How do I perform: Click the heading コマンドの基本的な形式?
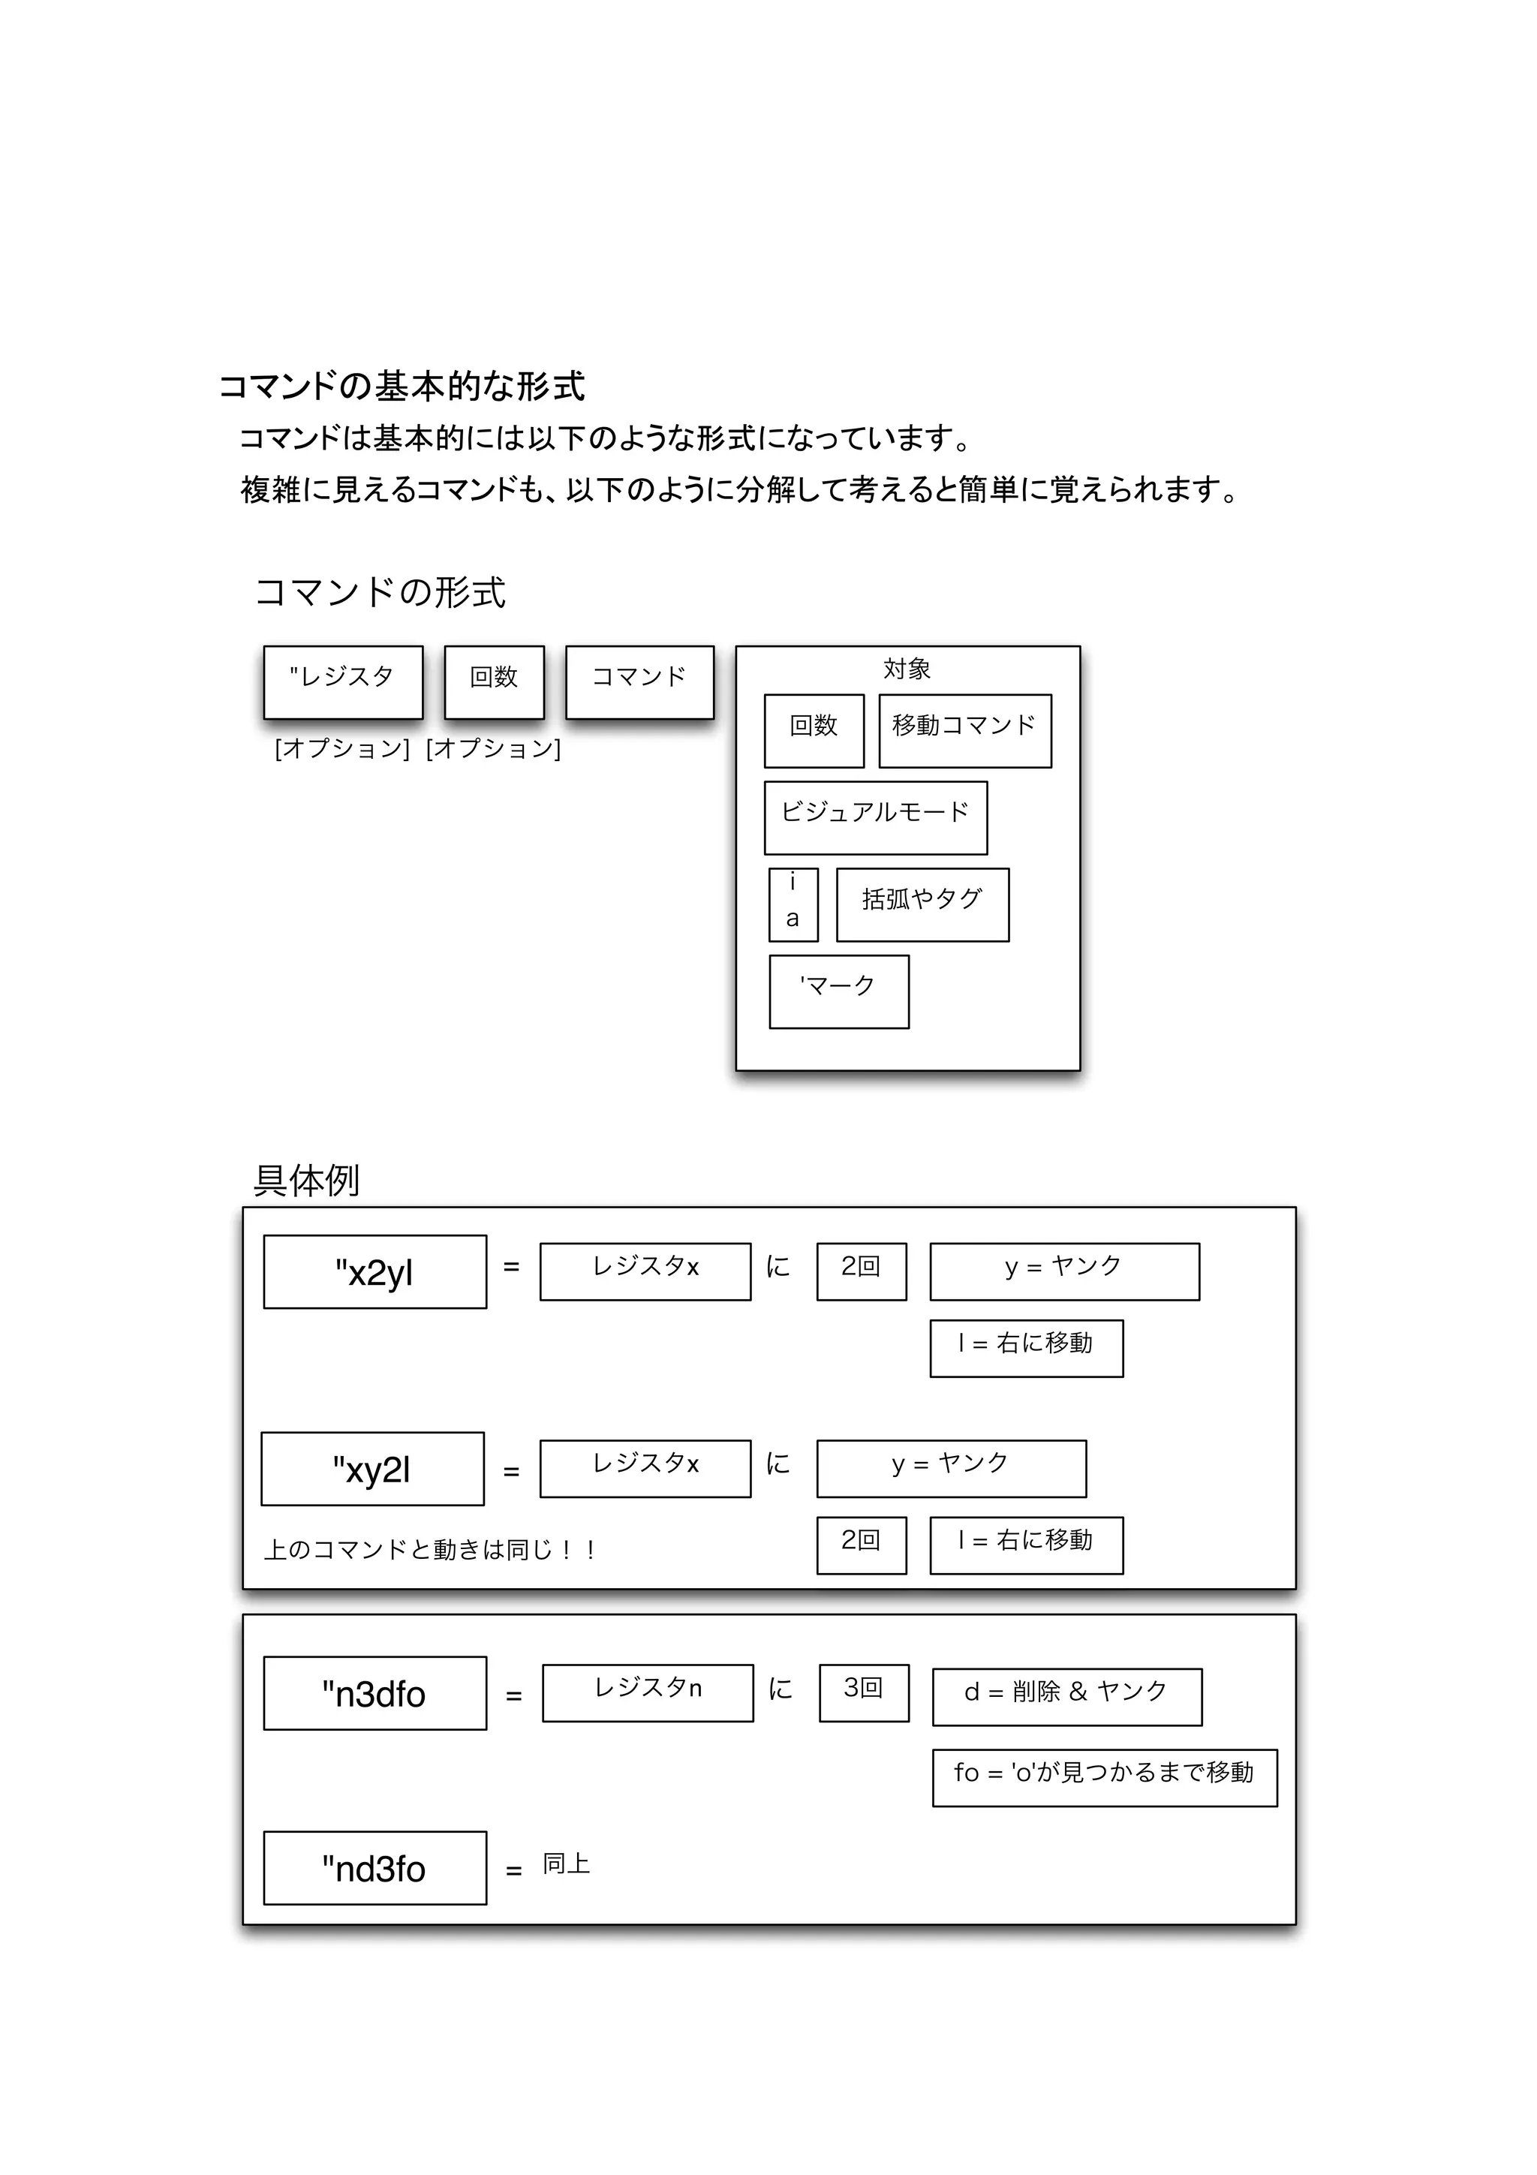click(x=402, y=387)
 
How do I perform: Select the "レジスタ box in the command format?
click(x=343, y=682)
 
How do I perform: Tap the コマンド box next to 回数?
click(x=639, y=682)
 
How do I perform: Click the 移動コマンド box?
click(x=964, y=730)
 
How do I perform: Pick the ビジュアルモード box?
click(x=875, y=817)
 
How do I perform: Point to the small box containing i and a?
click(x=793, y=904)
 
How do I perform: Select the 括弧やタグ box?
click(x=922, y=904)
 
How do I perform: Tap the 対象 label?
click(x=907, y=669)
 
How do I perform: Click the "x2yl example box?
click(x=375, y=1271)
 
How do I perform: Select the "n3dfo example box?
click(x=375, y=1693)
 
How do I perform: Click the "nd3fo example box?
click(x=375, y=1868)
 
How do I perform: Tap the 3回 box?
click(x=863, y=1692)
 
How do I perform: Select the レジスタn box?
click(x=648, y=1692)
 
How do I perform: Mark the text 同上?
click(x=567, y=1864)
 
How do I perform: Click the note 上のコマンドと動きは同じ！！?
click(x=429, y=1550)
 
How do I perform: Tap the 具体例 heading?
click(x=306, y=1181)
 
